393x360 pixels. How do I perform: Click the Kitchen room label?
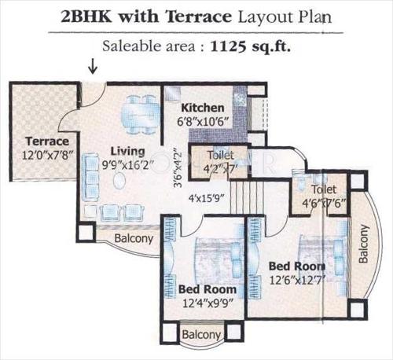click(203, 108)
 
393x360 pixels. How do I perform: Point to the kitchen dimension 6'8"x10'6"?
click(203, 122)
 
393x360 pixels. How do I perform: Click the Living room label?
click(127, 151)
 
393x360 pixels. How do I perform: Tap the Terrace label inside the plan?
click(37, 141)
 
